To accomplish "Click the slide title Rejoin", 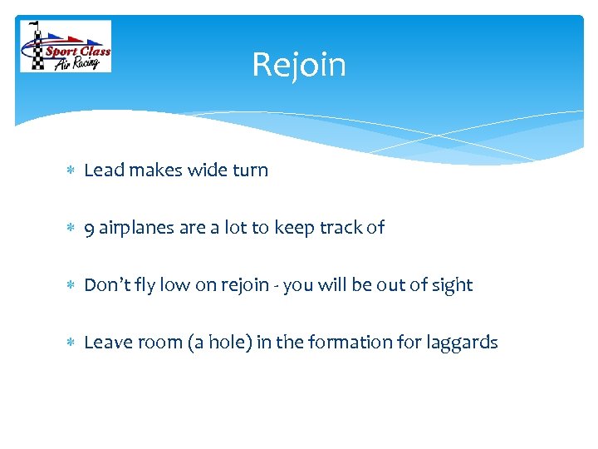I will [x=299, y=65].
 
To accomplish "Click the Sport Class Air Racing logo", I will [x=65, y=47].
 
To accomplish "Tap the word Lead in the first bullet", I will [x=104, y=170].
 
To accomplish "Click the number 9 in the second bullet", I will [x=89, y=228].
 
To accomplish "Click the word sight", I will [x=452, y=285].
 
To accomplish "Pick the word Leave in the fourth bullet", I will [x=106, y=343].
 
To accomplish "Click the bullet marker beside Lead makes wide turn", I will [x=70, y=170].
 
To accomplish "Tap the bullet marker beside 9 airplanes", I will [x=70, y=228].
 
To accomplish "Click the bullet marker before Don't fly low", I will [x=70, y=285].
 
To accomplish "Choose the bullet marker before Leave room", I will [x=70, y=343].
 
